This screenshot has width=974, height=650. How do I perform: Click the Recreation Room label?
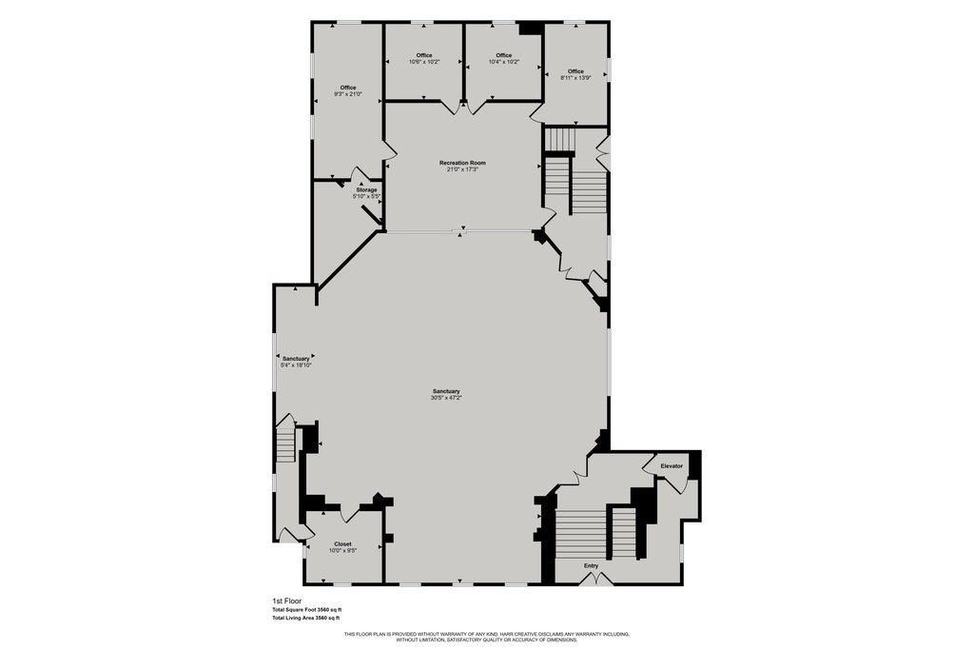pos(462,163)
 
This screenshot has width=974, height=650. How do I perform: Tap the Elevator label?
pos(672,465)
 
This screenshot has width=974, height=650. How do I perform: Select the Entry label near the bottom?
pos(592,566)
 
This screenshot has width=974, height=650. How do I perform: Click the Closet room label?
pos(342,544)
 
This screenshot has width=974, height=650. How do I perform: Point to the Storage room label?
pos(366,189)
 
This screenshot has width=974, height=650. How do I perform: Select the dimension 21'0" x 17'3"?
pos(462,169)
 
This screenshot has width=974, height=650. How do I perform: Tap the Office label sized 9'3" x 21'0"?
pos(348,88)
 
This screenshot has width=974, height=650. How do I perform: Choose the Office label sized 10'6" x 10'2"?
pos(424,55)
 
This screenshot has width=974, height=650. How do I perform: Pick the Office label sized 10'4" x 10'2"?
pos(504,55)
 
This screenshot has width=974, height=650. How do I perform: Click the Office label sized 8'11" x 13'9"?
pos(575,71)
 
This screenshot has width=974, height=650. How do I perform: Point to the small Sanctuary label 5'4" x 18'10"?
pos(296,359)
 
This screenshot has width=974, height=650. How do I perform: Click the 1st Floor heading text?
pos(287,601)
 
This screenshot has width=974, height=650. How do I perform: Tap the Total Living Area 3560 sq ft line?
pos(306,619)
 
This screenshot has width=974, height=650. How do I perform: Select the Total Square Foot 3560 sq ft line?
pos(306,610)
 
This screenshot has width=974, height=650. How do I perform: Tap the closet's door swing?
pos(347,513)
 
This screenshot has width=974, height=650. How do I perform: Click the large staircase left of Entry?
pos(581,533)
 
